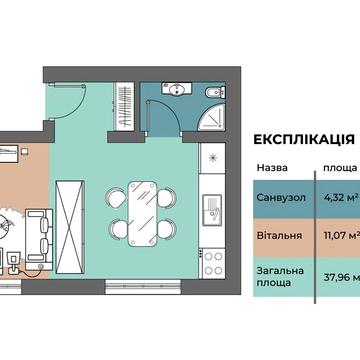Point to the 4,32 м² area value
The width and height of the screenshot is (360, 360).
pyautogui.click(x=340, y=198)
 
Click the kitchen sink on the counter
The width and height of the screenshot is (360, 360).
pyautogui.click(x=212, y=211)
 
